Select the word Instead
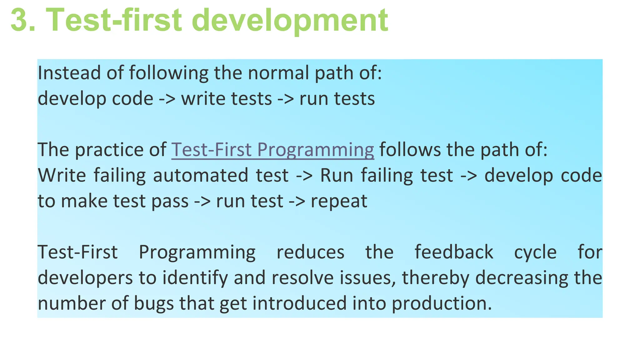point(69,73)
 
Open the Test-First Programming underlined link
point(272,150)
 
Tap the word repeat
point(339,201)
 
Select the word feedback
point(454,252)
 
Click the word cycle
point(535,252)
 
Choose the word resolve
point(303,278)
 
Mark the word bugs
point(154,303)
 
